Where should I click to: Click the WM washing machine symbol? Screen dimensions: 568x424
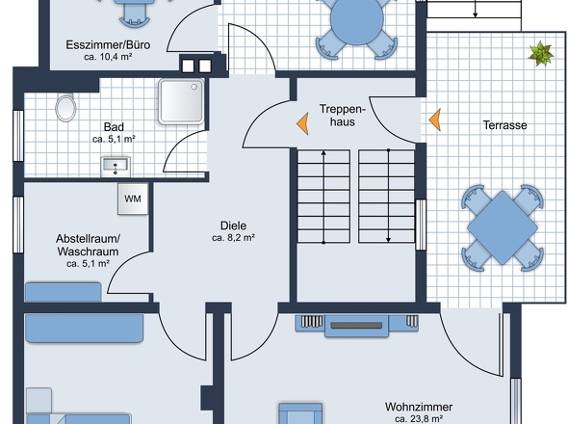pyautogui.click(x=133, y=199)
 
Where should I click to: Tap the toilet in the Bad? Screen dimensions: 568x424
pyautogui.click(x=65, y=107)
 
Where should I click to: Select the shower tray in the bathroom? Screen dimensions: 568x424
pyautogui.click(x=181, y=101)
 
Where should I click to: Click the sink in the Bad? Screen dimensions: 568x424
pyautogui.click(x=116, y=167)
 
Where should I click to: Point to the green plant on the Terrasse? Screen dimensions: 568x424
pyautogui.click(x=541, y=54)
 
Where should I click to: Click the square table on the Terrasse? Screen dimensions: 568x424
pyautogui.click(x=503, y=227)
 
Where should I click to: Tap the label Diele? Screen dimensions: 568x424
pyautogui.click(x=233, y=225)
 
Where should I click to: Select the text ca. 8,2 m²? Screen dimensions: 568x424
pyautogui.click(x=233, y=238)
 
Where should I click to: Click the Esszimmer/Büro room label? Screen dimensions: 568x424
pyautogui.click(x=108, y=45)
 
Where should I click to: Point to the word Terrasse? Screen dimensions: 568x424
pyautogui.click(x=505, y=125)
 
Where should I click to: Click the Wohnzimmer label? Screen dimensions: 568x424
pyautogui.click(x=419, y=407)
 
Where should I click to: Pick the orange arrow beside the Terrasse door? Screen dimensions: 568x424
pyautogui.click(x=435, y=119)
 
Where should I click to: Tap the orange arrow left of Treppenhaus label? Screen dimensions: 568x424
pyautogui.click(x=302, y=123)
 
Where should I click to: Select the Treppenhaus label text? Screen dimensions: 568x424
pyautogui.click(x=343, y=116)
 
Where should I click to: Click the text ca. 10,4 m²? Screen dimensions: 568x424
pyautogui.click(x=108, y=57)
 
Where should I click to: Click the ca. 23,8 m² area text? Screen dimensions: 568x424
pyautogui.click(x=419, y=419)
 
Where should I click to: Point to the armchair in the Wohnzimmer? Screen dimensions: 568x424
pyautogui.click(x=300, y=412)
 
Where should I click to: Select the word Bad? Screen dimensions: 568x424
pyautogui.click(x=114, y=127)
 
